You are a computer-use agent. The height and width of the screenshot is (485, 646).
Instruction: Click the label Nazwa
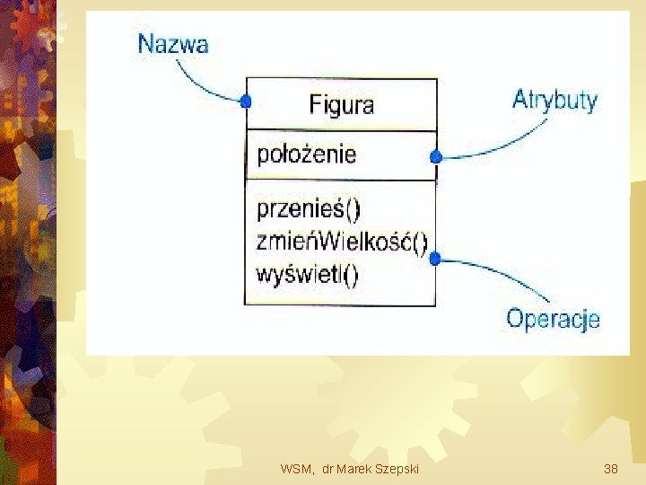point(172,43)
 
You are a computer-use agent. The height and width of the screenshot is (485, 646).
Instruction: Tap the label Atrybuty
point(554,99)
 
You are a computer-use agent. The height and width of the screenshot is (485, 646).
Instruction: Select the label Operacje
point(553,318)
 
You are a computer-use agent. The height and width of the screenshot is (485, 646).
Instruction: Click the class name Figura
point(341,104)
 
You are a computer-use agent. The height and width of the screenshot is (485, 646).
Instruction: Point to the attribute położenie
point(307,154)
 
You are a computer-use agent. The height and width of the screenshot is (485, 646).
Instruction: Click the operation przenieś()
point(309,210)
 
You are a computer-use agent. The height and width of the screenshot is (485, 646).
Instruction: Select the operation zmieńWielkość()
point(342,241)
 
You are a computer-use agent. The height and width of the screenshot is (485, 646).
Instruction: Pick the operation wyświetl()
point(307,273)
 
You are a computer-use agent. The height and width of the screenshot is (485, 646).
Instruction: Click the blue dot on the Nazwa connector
point(245,101)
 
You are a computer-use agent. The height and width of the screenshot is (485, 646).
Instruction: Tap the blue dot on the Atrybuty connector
point(436,157)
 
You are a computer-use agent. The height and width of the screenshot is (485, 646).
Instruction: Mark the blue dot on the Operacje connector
point(436,259)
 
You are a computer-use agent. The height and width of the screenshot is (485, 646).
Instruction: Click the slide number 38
point(611,469)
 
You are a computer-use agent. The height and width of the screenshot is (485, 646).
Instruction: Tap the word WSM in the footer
point(295,469)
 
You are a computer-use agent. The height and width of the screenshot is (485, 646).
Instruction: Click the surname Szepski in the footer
point(397,469)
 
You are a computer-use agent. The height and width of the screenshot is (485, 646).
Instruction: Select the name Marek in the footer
point(355,469)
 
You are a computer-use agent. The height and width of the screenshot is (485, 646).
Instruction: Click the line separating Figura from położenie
point(341,129)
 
